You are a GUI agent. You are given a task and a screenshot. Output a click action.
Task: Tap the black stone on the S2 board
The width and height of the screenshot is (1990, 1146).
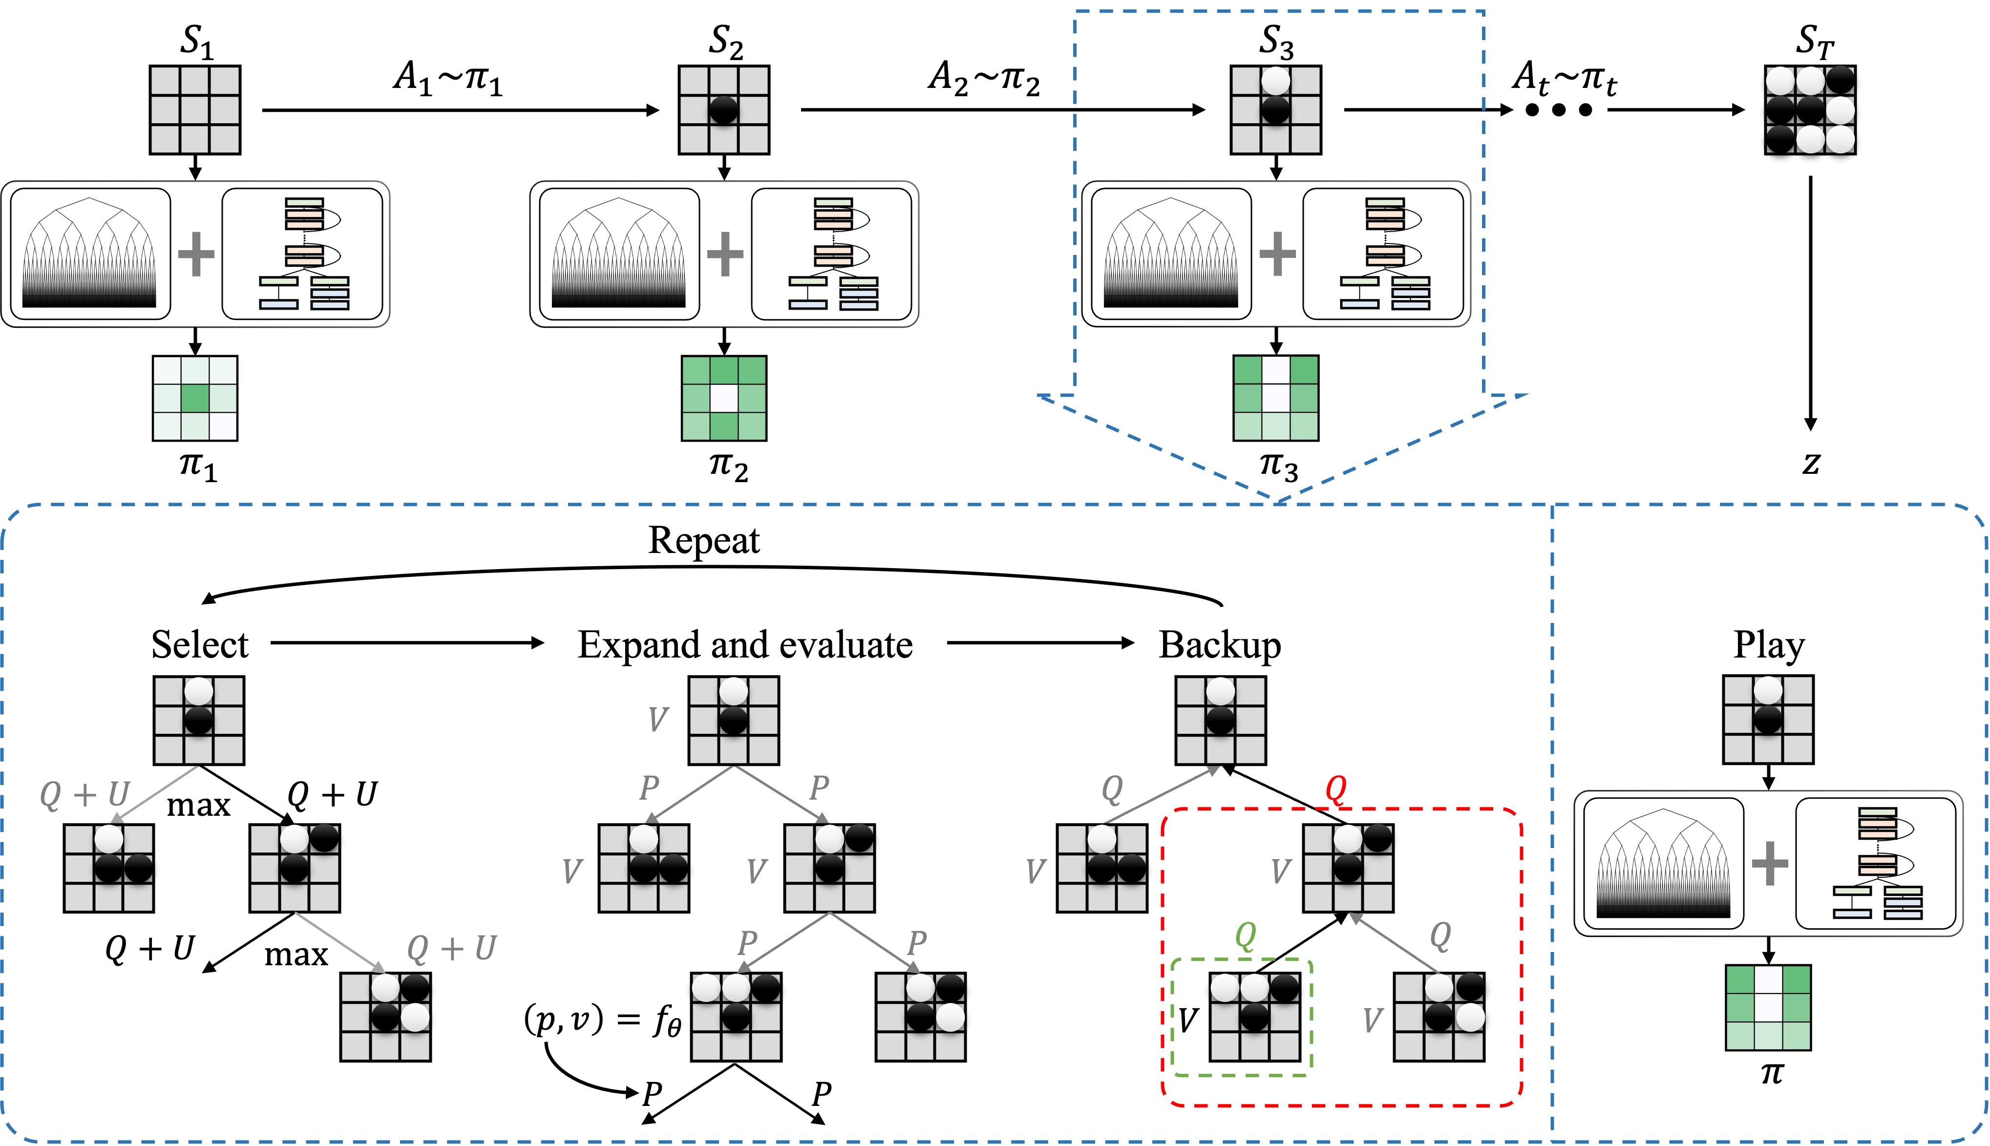coord(724,109)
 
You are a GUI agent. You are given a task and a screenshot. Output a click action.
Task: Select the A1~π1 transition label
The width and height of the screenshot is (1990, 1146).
coord(448,79)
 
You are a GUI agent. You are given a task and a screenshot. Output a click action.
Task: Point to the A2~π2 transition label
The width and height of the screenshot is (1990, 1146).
coord(984,79)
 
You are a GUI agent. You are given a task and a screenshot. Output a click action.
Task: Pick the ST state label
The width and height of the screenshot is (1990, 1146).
coord(1815,42)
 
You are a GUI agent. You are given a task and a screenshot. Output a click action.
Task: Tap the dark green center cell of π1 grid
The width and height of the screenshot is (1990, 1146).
coord(195,398)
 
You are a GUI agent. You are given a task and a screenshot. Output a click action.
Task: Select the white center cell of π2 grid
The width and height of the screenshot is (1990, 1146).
coord(724,398)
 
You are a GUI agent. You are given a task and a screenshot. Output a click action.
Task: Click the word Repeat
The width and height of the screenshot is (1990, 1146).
coord(704,541)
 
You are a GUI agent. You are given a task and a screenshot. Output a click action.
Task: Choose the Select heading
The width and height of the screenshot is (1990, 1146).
coord(200,645)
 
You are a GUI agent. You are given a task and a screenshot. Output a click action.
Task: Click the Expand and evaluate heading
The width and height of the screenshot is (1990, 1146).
coord(745,645)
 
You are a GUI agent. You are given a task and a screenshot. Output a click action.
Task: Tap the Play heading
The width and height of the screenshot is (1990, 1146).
coord(1769,645)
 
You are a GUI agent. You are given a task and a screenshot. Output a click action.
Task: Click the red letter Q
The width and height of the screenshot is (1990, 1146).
coord(1336,788)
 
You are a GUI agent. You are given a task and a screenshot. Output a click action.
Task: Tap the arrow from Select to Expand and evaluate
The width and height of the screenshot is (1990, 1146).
coord(407,643)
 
